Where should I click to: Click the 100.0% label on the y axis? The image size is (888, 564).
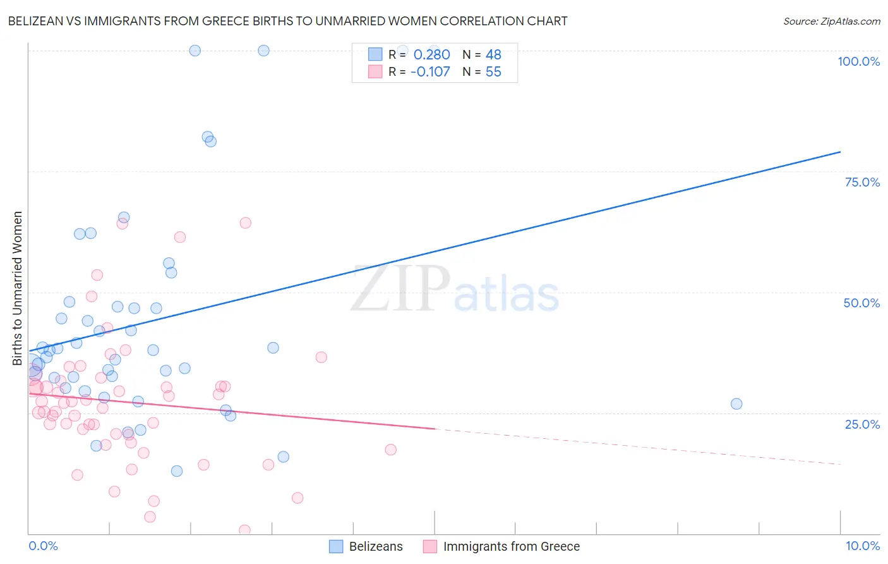click(858, 61)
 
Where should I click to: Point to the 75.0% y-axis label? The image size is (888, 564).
click(862, 182)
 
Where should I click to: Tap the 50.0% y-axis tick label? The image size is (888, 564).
click(861, 303)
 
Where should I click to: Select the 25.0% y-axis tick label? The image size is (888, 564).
click(862, 424)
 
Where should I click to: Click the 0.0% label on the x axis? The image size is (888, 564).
click(43, 546)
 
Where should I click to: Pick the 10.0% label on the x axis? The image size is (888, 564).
click(862, 546)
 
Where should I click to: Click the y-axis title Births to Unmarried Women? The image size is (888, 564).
click(17, 288)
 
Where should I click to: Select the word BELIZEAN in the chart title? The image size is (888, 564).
click(36, 21)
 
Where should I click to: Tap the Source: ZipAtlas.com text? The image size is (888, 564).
click(831, 21)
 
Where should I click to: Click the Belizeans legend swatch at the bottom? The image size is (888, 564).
click(336, 546)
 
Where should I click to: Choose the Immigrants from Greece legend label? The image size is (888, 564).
click(511, 546)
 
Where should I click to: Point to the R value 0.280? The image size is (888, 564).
click(431, 54)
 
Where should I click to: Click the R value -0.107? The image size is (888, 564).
click(430, 71)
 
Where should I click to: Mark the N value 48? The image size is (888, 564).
click(493, 54)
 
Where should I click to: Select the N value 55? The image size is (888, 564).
click(493, 71)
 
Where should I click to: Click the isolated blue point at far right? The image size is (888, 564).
click(736, 404)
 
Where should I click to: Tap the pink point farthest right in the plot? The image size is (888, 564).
click(390, 450)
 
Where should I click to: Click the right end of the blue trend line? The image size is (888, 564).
click(839, 152)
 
